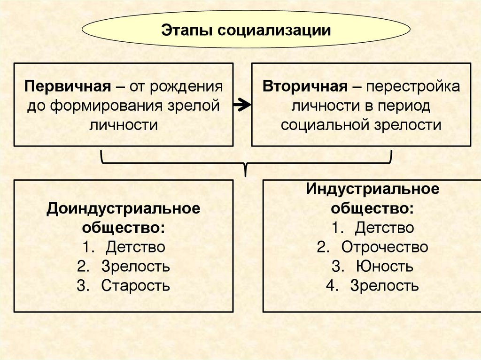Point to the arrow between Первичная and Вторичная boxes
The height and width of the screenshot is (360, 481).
[x=242, y=106]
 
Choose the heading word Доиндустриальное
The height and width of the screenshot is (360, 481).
[x=123, y=208]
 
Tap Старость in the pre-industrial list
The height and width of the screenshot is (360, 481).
[x=135, y=285]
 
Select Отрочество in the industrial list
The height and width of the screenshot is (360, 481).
[x=385, y=247]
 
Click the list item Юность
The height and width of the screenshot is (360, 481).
[x=384, y=267]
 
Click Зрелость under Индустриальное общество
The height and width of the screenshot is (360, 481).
[x=384, y=286]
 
